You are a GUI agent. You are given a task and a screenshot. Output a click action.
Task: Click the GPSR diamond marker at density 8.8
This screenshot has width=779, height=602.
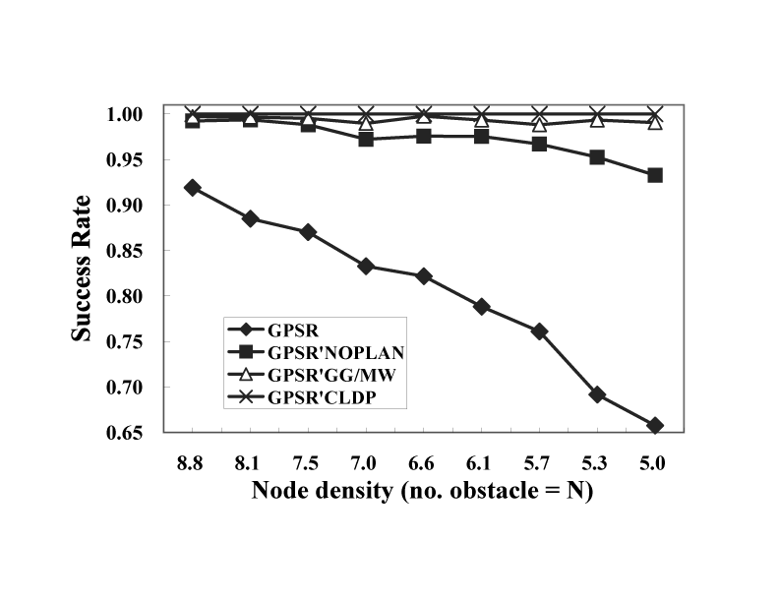tap(193, 188)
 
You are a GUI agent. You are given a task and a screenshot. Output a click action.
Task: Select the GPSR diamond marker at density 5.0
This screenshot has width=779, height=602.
tap(655, 425)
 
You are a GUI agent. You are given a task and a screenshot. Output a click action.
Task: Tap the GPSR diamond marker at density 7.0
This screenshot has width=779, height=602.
tap(366, 267)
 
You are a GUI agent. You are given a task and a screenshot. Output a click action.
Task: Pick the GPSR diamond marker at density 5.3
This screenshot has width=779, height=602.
tap(597, 394)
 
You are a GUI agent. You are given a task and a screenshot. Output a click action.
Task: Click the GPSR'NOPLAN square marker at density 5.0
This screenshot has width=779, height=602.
tap(655, 175)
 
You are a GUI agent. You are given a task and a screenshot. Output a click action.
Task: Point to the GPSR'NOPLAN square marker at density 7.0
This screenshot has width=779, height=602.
tap(366, 140)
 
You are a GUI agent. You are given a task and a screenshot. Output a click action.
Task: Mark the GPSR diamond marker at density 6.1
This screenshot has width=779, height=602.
tap(482, 307)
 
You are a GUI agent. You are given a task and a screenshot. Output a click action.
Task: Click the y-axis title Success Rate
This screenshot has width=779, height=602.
tap(87, 268)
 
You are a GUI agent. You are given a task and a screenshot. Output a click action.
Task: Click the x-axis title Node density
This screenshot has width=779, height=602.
tap(423, 489)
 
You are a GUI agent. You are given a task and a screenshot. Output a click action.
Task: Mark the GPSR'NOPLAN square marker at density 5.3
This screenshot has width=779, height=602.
tap(597, 157)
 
